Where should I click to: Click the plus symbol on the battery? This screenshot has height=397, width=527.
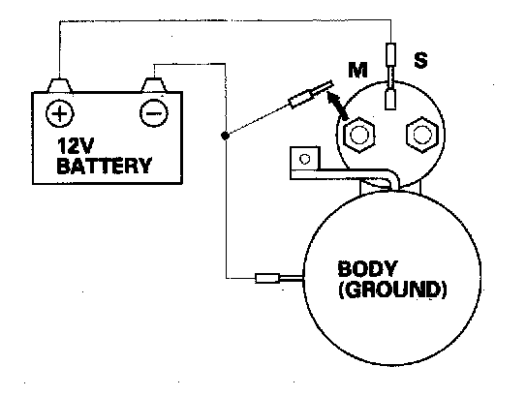tap(60, 113)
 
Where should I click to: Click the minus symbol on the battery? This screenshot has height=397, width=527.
tap(154, 113)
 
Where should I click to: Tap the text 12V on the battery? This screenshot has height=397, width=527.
tap(72, 146)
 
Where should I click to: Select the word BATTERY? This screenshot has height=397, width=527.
tap(104, 166)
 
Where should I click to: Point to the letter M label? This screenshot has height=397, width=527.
tap(357, 70)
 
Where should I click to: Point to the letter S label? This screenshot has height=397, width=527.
tap(420, 60)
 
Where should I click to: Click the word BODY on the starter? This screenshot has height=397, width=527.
tap(367, 268)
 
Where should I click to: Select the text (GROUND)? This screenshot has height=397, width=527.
tap(392, 290)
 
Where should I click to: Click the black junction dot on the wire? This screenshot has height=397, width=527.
tap(225, 136)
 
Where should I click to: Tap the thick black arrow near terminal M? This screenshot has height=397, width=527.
tap(338, 105)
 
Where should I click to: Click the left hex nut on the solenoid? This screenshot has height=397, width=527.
tap(359, 135)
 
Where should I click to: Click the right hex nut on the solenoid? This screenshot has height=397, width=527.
tap(421, 135)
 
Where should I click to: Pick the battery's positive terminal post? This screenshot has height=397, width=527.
tap(59, 85)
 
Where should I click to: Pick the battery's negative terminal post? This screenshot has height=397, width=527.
tap(154, 84)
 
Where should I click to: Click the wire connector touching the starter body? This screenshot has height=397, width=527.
tap(267, 279)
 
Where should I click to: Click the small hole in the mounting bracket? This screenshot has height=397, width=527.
tap(304, 159)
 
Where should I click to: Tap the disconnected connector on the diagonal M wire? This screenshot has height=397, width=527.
tap(302, 98)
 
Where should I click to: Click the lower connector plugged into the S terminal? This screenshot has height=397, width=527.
tap(390, 99)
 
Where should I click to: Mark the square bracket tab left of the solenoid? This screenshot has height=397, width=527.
tap(304, 159)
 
